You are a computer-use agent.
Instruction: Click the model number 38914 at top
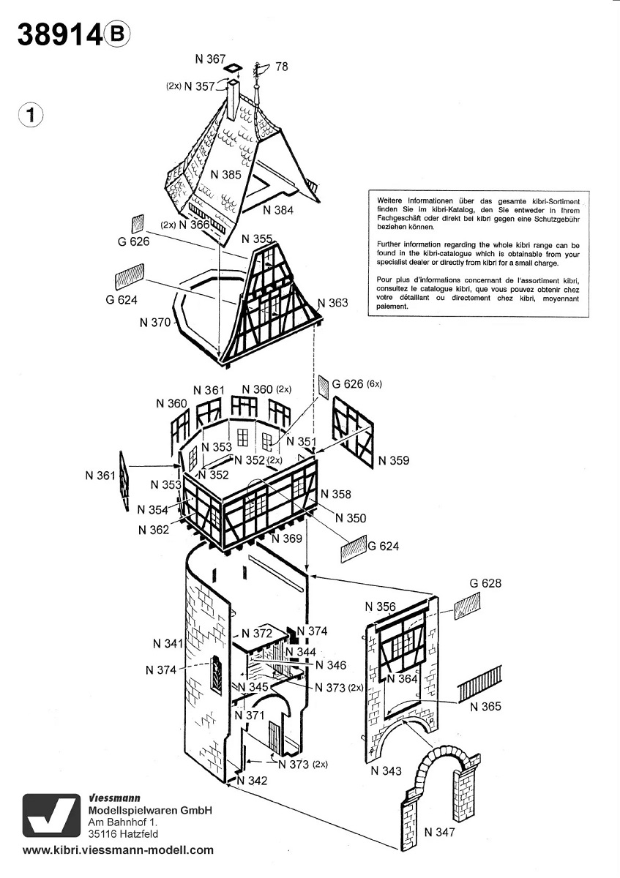pos(59,35)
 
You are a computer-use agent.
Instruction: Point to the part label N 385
pos(226,175)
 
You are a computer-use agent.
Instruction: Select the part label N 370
pos(154,322)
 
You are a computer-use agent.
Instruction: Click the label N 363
pos(333,303)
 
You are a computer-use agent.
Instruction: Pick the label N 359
pos(395,461)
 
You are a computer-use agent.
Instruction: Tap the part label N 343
pos(386,770)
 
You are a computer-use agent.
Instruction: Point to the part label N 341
pos(168,644)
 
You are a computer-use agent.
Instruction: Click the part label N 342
pos(253,781)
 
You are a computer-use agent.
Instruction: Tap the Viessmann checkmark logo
pos(49,814)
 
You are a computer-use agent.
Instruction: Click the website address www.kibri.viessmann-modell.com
pos(119,850)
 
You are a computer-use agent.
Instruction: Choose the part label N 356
pos(380,607)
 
